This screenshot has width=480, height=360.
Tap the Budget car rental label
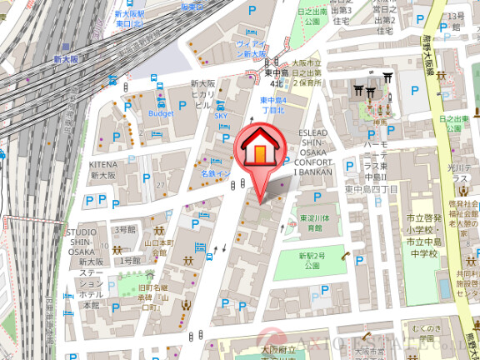(x=160, y=112)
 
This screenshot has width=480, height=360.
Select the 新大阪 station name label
(x=65, y=60)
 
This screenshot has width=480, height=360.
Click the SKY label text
(x=221, y=116)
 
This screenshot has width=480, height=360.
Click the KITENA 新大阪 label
(x=104, y=171)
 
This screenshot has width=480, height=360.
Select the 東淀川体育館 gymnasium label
(x=311, y=223)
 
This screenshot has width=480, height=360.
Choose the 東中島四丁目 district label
(x=373, y=190)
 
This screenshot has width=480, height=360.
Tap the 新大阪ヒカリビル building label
(x=203, y=94)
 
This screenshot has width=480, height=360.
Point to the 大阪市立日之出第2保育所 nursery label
(x=306, y=72)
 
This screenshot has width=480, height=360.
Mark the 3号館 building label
(x=124, y=229)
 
